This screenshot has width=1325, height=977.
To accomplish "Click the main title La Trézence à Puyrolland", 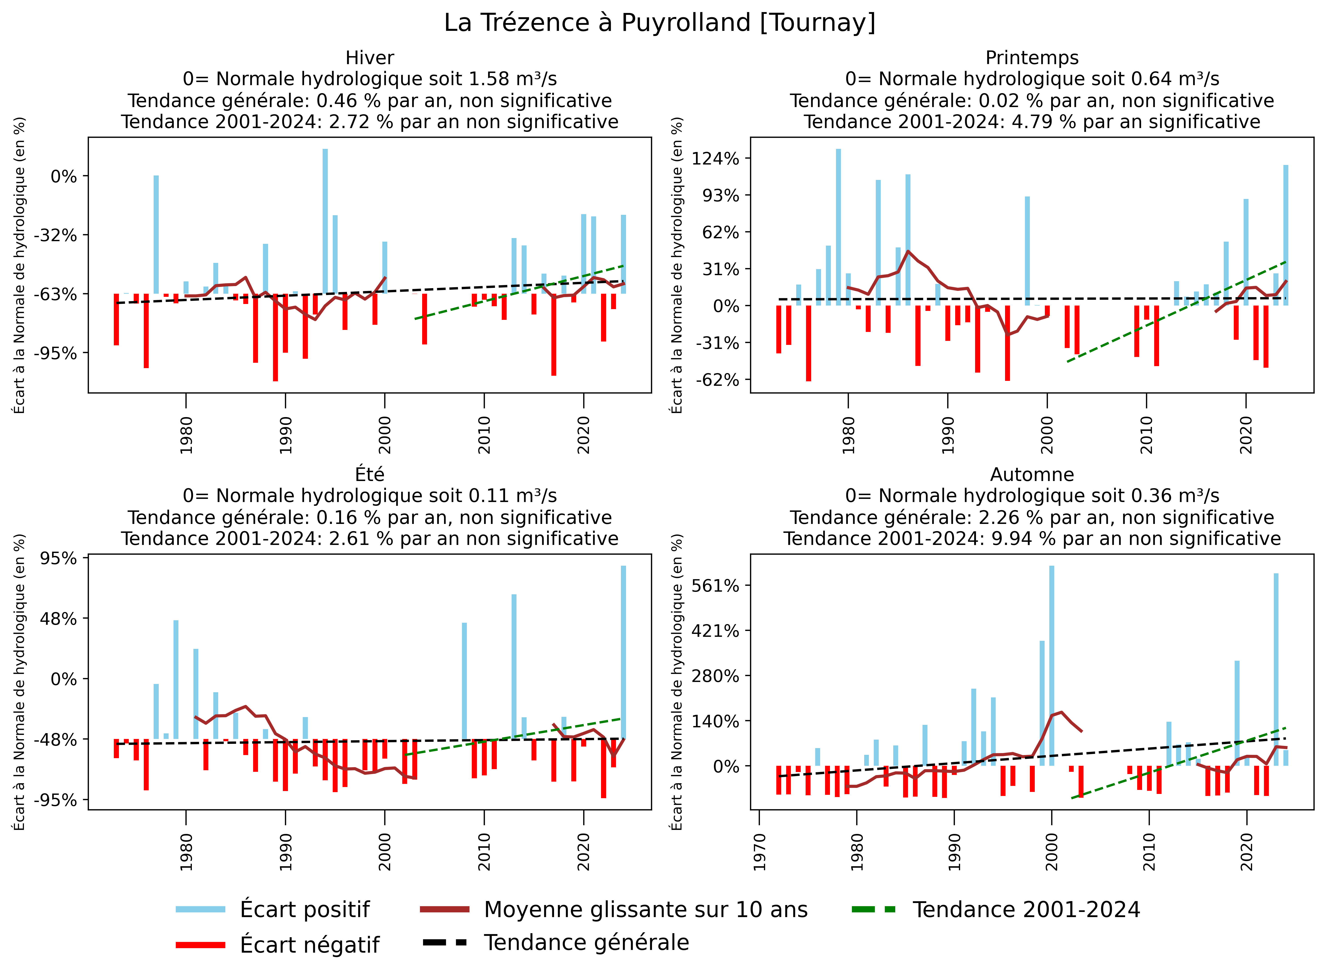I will [x=660, y=23].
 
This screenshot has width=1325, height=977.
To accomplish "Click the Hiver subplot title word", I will [x=370, y=58].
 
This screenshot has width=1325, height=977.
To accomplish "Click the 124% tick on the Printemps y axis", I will [x=716, y=158].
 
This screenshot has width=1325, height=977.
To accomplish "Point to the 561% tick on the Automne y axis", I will [x=716, y=585].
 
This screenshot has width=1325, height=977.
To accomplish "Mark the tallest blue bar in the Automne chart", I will [x=1052, y=665].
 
